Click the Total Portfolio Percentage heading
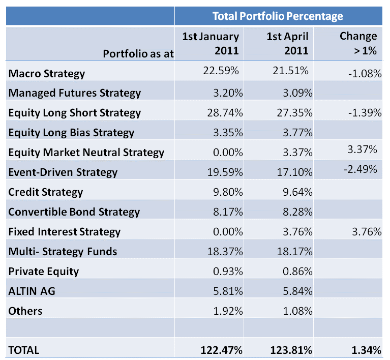(x=278, y=16)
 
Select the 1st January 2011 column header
(x=211, y=44)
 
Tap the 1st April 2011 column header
(x=288, y=44)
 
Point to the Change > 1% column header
(x=358, y=44)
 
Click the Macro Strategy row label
(x=47, y=74)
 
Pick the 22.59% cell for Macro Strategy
(x=221, y=71)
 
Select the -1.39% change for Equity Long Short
(x=365, y=113)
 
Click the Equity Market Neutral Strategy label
(x=86, y=153)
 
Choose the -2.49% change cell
(x=361, y=169)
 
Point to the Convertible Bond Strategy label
(x=74, y=212)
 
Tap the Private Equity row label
(x=44, y=272)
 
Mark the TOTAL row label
(x=24, y=350)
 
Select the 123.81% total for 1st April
(x=289, y=350)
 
